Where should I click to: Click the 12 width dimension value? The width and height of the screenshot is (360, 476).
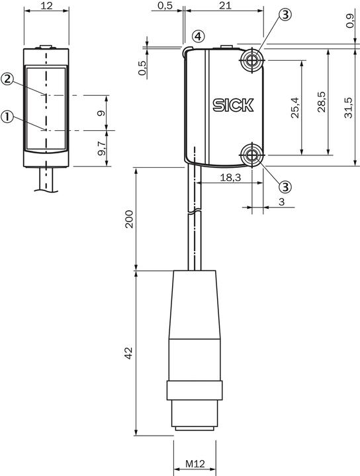click(46, 6)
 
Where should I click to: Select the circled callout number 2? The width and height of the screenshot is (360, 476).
click(7, 79)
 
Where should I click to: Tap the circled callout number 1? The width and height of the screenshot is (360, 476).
click(7, 117)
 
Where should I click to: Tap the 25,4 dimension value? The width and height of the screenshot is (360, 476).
click(294, 107)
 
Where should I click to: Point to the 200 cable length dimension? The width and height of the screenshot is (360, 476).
click(130, 219)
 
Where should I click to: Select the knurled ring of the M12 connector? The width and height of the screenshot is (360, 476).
click(194, 389)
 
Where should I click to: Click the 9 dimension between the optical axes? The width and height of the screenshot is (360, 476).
click(101, 113)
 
